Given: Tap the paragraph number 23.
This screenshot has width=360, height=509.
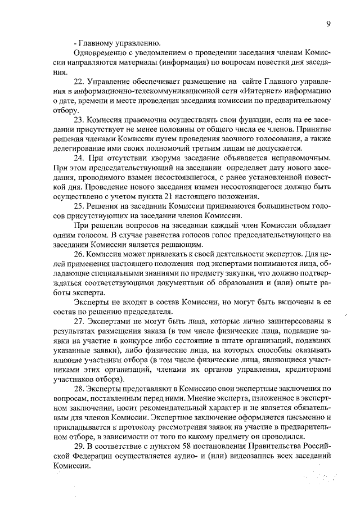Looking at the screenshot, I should [79, 119].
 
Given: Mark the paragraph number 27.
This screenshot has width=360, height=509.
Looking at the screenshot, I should [79, 321].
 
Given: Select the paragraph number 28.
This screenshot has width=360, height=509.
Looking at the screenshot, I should [79, 389].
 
